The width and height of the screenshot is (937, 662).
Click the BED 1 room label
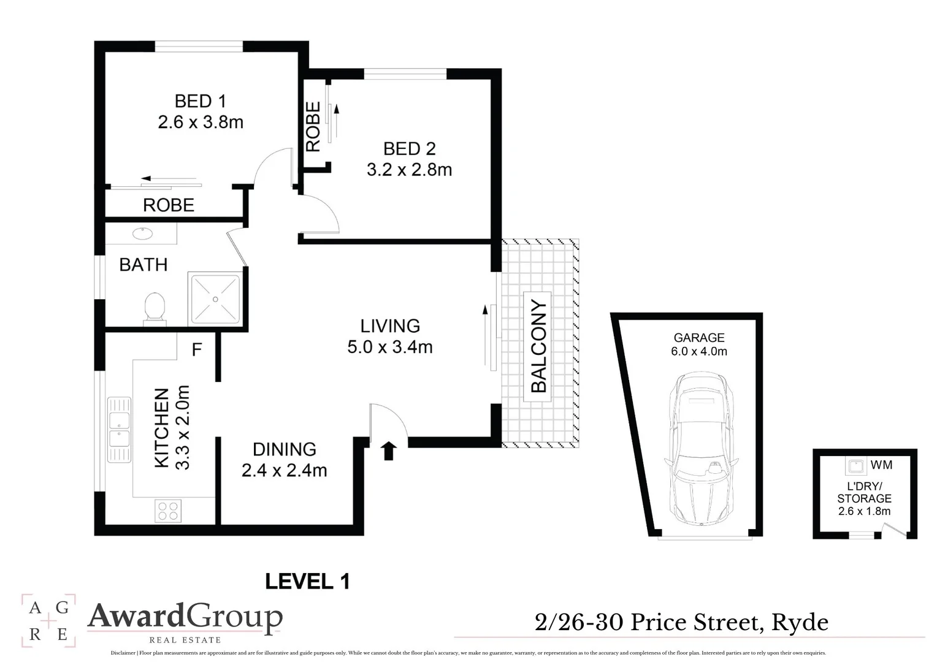point(201,101)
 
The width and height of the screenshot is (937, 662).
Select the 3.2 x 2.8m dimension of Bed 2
point(409,170)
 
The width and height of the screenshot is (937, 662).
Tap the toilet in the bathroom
point(155,307)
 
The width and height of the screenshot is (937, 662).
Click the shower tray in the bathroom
point(215,299)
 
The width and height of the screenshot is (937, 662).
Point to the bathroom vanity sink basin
point(142,234)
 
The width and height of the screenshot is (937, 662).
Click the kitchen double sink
point(119,429)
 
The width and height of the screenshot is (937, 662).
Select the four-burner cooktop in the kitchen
point(167,511)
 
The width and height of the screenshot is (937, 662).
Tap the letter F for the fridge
point(197,350)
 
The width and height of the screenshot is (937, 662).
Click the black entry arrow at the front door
point(389,451)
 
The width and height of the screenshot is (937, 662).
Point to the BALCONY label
point(538,346)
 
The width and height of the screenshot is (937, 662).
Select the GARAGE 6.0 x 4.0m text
point(699,344)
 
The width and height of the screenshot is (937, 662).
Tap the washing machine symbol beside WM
point(855,466)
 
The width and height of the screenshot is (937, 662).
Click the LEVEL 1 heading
point(307,581)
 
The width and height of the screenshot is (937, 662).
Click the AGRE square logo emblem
point(48,621)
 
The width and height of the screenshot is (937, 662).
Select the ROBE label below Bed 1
point(169,205)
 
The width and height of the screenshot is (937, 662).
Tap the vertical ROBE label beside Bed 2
point(313,126)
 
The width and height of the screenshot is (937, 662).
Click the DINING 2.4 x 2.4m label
point(284,460)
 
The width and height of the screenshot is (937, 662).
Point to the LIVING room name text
point(390,326)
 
